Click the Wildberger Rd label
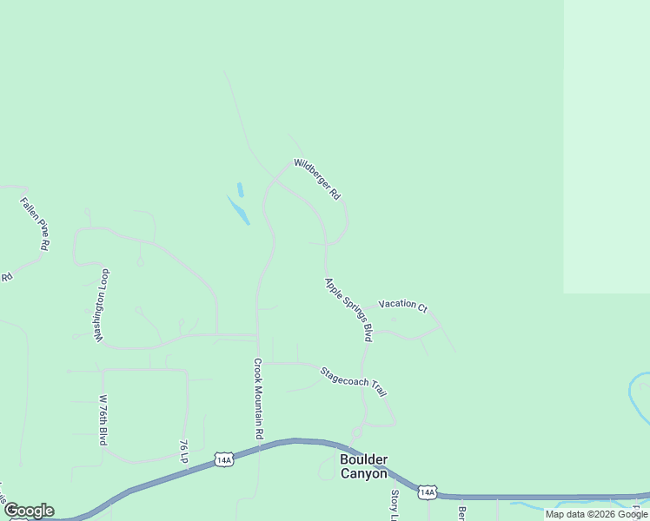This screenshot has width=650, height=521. point(316,180)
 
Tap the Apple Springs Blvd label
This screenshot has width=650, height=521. point(348,309)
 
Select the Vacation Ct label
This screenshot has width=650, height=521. point(403,306)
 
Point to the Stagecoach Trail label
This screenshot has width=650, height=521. point(353,381)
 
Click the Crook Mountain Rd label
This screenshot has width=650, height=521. point(258,398)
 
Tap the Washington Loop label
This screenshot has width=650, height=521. point(103,305)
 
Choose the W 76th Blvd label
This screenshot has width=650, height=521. point(103,420)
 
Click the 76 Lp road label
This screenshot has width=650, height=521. point(183,449)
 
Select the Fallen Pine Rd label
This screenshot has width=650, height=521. point(35,224)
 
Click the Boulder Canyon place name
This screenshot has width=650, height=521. point(363,466)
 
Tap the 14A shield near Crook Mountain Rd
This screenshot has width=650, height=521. point(224,459)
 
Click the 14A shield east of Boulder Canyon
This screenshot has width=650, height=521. point(427,492)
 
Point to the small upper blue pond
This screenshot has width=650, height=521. point(240,189)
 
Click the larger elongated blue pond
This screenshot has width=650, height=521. point(238,210)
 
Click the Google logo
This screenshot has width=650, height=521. point(28,511)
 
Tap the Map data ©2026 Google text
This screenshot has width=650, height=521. point(596,514)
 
